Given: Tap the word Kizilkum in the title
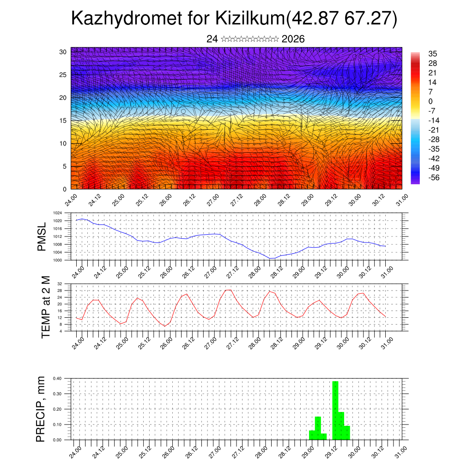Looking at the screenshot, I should click(250, 19).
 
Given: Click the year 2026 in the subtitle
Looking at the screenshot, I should click(293, 39).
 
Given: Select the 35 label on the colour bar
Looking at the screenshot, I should click(432, 54).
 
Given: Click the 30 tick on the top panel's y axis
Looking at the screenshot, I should click(63, 52).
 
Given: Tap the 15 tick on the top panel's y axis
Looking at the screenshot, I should click(63, 121).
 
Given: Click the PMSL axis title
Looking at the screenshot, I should click(42, 237).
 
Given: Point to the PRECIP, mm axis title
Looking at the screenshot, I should click(41, 409).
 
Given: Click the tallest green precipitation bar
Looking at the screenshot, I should click(335, 410).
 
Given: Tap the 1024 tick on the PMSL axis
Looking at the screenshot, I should click(57, 213).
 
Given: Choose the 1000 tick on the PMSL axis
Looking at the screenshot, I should click(57, 261).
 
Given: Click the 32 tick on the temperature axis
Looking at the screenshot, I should click(60, 284).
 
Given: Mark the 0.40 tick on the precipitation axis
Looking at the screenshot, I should click(57, 378).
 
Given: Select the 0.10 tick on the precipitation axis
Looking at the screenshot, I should click(57, 424).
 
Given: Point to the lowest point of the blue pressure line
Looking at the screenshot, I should click(273, 258).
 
